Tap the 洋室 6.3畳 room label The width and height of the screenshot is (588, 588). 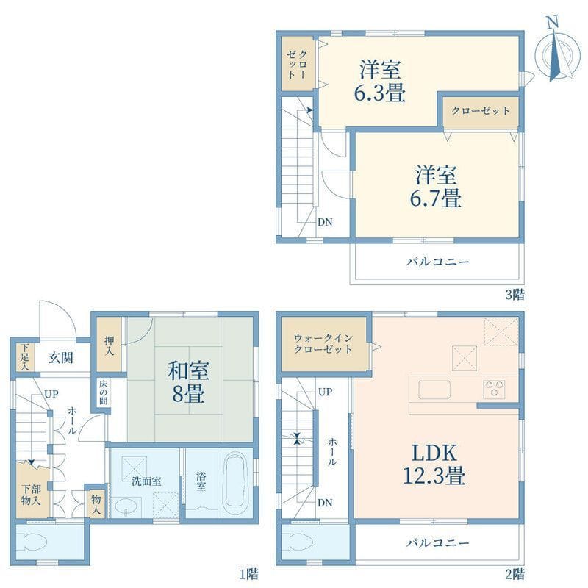[x=380, y=80]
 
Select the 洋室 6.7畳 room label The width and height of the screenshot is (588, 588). [x=435, y=187]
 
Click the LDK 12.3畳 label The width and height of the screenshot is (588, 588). [x=434, y=464]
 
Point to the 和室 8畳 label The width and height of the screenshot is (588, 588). [x=188, y=381]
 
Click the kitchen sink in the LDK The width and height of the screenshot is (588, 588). [x=434, y=390]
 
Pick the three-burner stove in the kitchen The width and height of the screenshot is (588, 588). [x=494, y=388]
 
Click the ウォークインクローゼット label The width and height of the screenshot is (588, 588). [x=323, y=343]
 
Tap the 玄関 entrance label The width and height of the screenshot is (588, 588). [x=60, y=358]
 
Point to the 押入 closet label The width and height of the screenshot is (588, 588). [x=109, y=345]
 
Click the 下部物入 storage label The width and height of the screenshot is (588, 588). [x=31, y=495]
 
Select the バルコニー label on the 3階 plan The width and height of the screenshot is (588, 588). [x=437, y=262]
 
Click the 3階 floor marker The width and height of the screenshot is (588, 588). [x=515, y=295]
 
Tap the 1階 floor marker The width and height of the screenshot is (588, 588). [x=249, y=574]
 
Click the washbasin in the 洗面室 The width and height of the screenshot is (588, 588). [x=126, y=507]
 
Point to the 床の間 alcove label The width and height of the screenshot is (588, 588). [x=103, y=392]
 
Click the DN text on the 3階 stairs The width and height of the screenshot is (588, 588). [x=325, y=223]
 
